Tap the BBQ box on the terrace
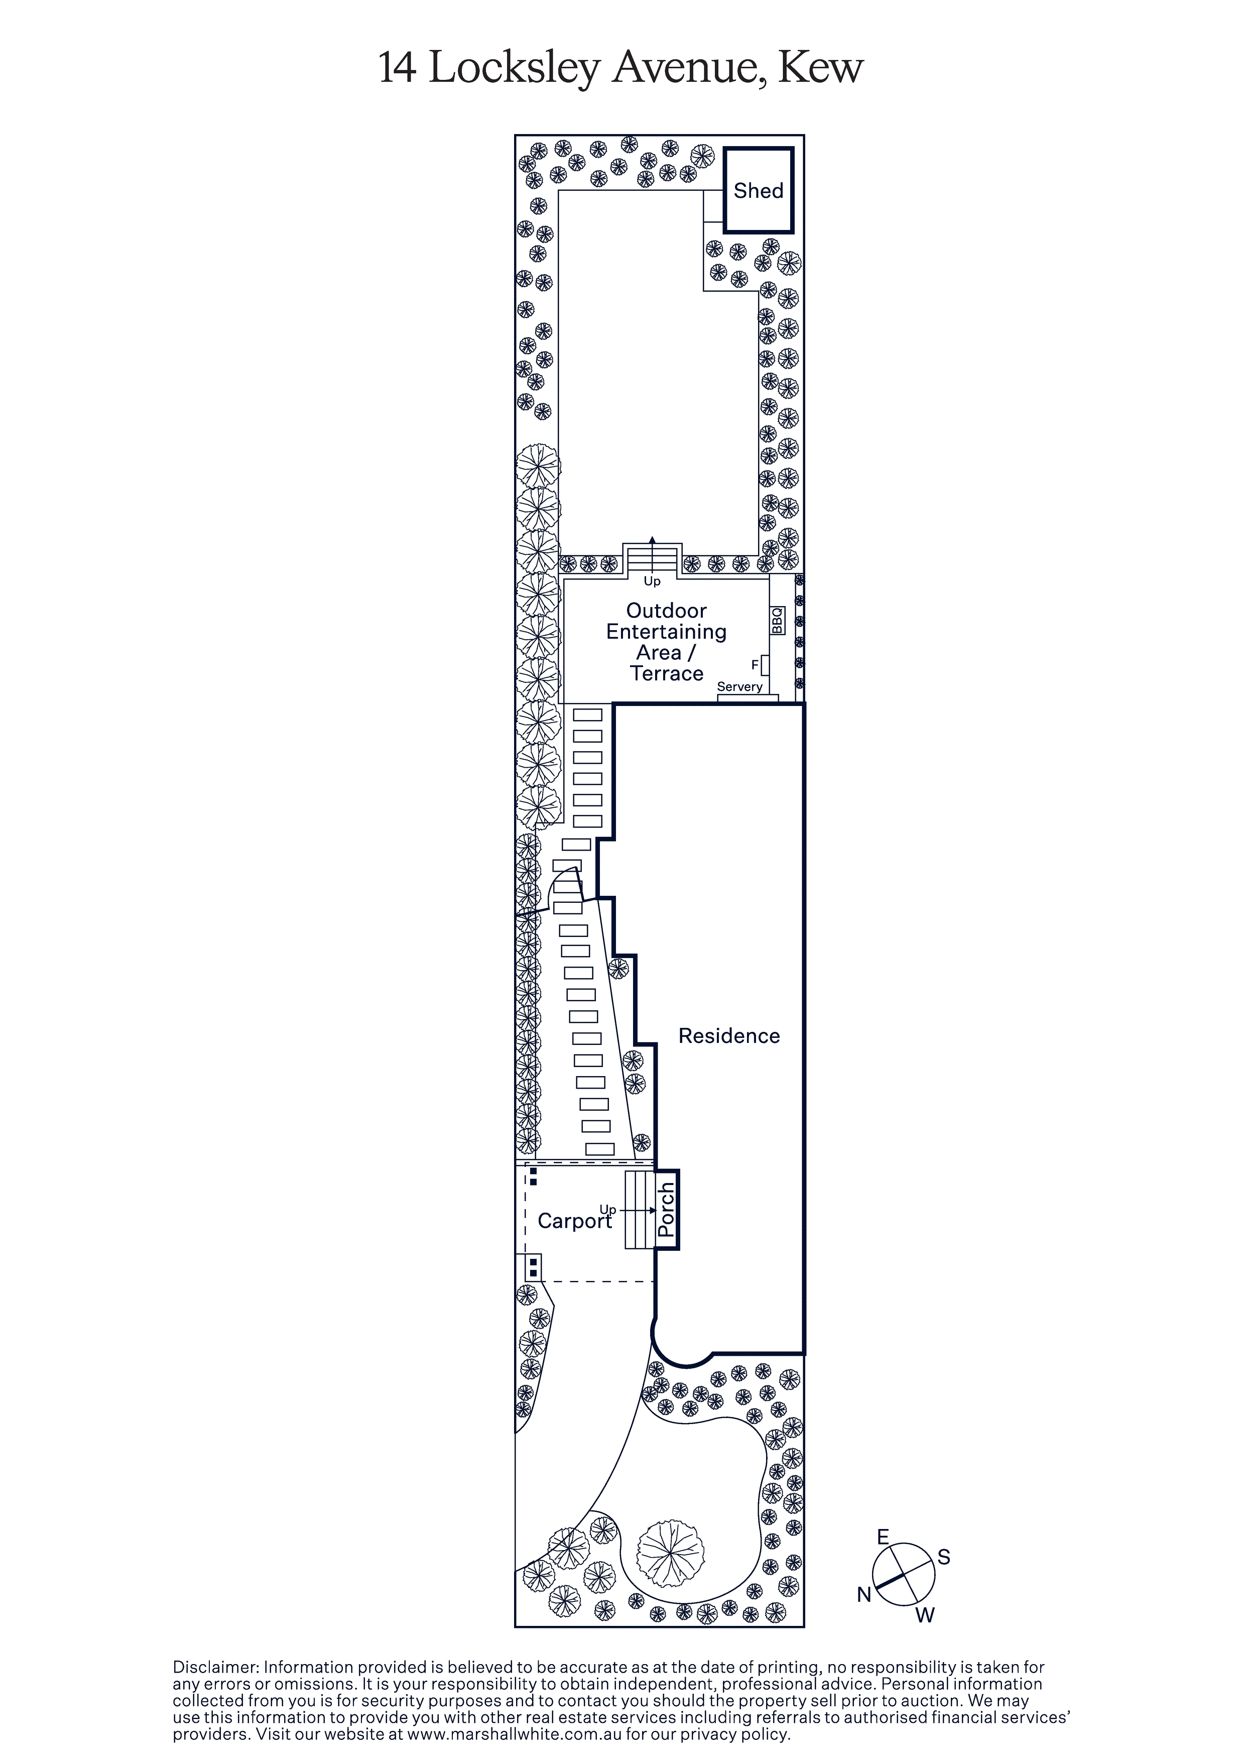(777, 621)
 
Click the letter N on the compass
(864, 1595)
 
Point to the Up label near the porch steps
(607, 1210)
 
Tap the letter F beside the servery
(755, 664)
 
